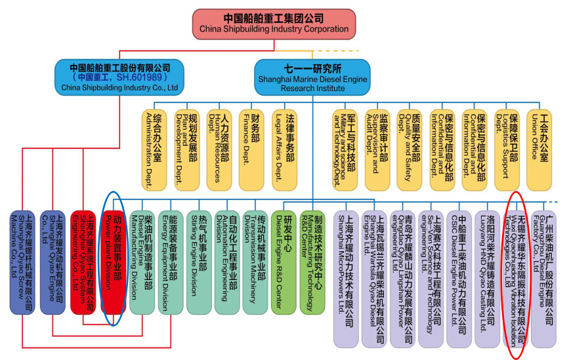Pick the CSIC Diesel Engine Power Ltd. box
point(459,275)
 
